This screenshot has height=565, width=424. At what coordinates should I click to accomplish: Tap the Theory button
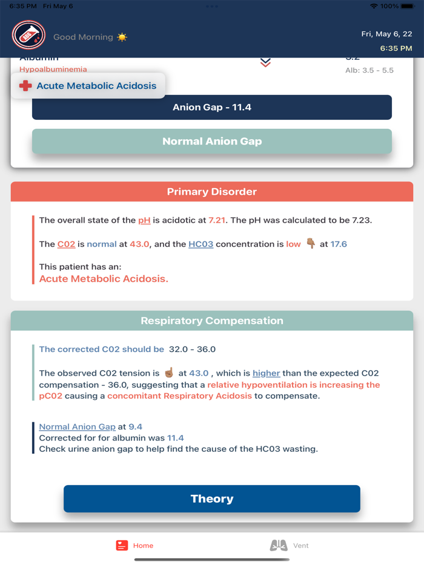(212, 498)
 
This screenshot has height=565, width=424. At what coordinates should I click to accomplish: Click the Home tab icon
(122, 545)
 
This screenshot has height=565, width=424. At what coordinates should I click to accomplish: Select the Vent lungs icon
(279, 545)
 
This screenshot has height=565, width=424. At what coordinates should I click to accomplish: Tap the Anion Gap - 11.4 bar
(212, 107)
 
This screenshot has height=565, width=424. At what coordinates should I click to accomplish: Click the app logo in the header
(28, 35)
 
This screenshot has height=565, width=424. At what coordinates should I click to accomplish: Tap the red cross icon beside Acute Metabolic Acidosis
(25, 86)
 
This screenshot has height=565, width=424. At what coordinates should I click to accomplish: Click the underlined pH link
(144, 220)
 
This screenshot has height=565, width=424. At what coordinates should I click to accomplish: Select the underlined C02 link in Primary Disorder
(66, 244)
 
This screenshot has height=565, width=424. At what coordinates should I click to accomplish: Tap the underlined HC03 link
(200, 244)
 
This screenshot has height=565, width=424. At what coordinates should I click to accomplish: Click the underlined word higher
(267, 373)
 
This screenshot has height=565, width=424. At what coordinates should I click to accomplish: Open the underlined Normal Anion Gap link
(77, 426)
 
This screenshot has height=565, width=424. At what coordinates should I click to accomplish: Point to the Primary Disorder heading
(212, 192)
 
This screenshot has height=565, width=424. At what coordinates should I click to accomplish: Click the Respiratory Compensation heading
(212, 321)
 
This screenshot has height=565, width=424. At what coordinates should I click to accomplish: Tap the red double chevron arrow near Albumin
(265, 62)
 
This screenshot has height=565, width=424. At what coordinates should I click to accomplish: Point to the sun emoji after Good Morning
(122, 37)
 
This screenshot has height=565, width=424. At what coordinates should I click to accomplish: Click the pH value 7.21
(217, 220)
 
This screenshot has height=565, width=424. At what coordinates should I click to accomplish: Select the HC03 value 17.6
(339, 244)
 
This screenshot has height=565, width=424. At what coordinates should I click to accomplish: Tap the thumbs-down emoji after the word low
(311, 244)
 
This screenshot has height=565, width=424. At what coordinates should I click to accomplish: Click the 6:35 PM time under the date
(396, 48)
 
